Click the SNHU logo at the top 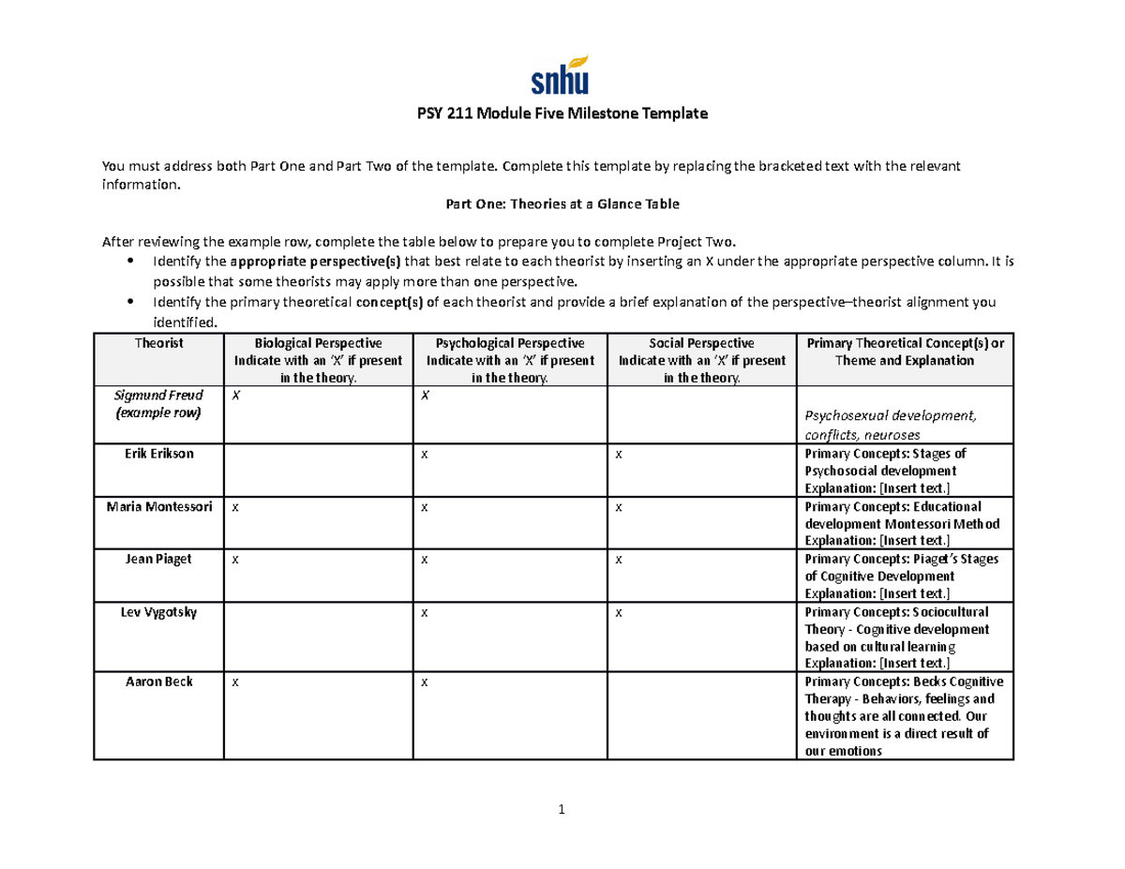pos(561,76)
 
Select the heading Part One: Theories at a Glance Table pos(561,204)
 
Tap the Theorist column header pos(158,343)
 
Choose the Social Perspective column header pos(700,343)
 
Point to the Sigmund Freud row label pos(158,396)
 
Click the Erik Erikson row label pos(158,454)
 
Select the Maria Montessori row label pos(158,506)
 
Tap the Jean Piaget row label pos(158,559)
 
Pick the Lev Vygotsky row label pos(158,611)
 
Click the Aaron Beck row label pos(158,682)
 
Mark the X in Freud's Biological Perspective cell pos(236,396)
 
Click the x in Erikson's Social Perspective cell pos(619,455)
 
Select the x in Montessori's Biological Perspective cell pos(235,507)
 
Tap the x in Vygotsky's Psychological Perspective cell pos(425,612)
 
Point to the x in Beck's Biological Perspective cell pos(235,682)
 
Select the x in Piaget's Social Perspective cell pos(619,560)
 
